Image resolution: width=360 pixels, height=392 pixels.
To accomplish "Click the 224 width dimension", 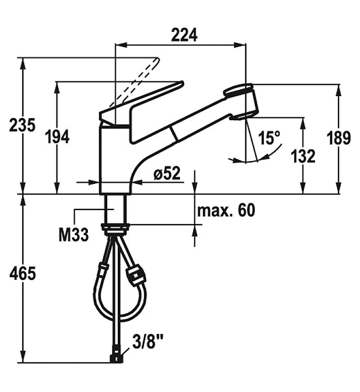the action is (184, 35).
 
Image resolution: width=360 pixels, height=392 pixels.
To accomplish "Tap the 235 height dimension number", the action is (22, 125).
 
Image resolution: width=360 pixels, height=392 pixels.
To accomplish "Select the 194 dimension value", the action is (57, 137).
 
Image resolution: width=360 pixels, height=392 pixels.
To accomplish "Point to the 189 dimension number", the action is (339, 138).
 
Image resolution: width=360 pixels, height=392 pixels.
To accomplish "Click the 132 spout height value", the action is (303, 156).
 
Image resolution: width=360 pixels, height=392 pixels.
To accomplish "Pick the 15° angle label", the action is (269, 138).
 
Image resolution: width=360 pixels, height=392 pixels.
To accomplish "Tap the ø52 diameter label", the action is (167, 173).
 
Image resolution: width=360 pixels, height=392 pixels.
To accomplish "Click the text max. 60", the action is (226, 210).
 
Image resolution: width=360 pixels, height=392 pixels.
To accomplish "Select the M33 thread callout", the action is (74, 235).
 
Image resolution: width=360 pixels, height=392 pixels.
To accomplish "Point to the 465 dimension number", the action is (22, 273).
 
